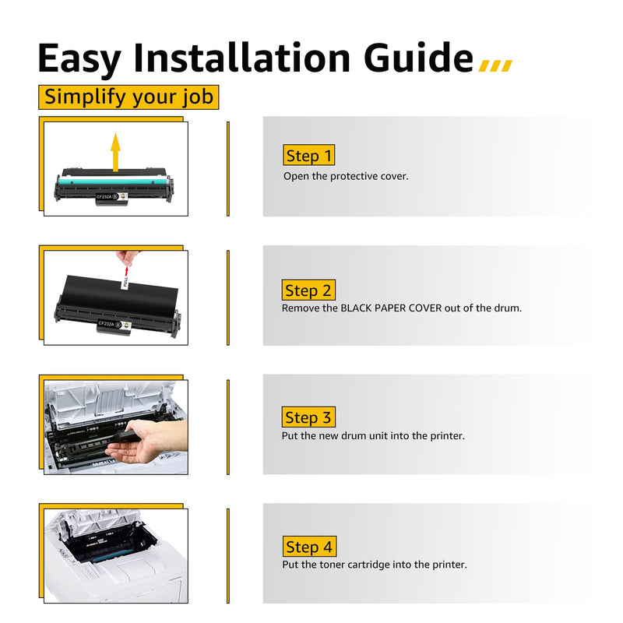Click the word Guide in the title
pyautogui.click(x=418, y=58)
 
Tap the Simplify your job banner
pyautogui.click(x=128, y=97)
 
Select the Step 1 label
pyautogui.click(x=308, y=155)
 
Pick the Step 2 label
pyautogui.click(x=308, y=290)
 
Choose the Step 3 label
pyautogui.click(x=308, y=417)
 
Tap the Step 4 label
pyautogui.click(x=309, y=547)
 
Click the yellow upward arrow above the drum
pyautogui.click(x=115, y=153)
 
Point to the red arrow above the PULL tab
pyautogui.click(x=127, y=271)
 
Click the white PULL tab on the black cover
pyautogui.click(x=126, y=283)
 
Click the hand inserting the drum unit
pyautogui.click(x=151, y=441)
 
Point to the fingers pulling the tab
pyautogui.click(x=127, y=258)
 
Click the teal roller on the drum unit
pyautogui.click(x=112, y=181)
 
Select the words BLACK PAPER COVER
pyautogui.click(x=391, y=308)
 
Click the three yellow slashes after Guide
pyautogui.click(x=495, y=65)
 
